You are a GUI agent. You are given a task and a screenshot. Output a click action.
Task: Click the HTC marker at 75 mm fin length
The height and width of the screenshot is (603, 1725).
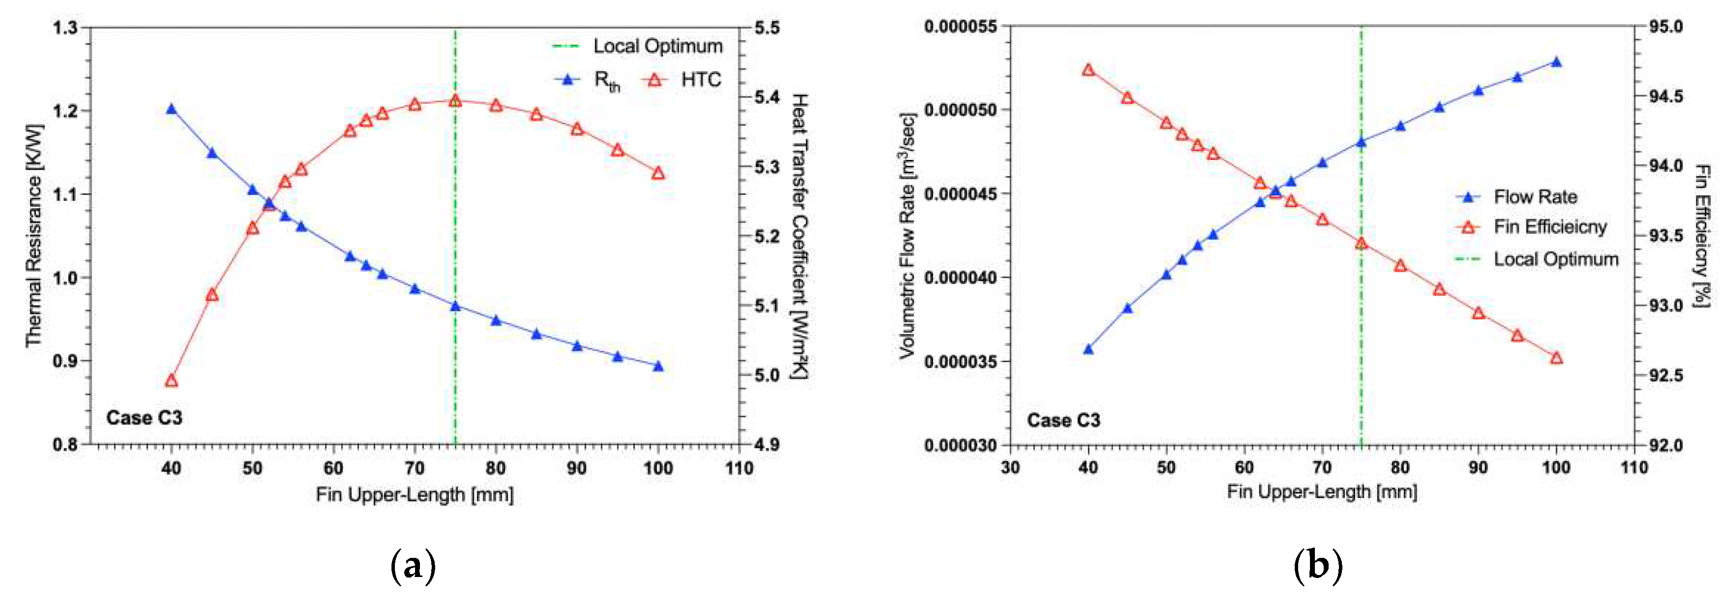(x=455, y=101)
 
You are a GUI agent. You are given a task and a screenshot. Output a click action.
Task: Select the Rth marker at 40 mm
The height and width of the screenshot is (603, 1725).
(x=171, y=109)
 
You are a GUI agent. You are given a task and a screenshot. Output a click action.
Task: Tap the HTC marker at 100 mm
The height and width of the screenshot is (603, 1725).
(x=658, y=173)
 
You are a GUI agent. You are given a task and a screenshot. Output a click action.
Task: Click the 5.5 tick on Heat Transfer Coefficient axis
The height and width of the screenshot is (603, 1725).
(x=767, y=28)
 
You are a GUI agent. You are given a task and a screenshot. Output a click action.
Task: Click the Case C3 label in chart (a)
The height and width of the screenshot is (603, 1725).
(x=144, y=418)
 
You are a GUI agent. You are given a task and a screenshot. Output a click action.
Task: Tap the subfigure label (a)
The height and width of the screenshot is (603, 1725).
(x=413, y=566)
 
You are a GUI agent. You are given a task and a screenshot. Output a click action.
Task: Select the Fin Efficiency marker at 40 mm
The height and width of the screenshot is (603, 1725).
(x=1088, y=70)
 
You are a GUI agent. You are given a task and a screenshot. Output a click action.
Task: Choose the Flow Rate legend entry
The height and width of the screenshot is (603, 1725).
(x=1517, y=197)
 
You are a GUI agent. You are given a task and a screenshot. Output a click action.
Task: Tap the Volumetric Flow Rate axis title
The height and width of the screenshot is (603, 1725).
(x=907, y=236)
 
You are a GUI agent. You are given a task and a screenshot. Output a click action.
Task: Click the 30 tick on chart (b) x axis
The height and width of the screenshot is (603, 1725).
(x=1010, y=467)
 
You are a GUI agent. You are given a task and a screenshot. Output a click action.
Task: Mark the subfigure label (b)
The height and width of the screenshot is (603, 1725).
(x=1318, y=566)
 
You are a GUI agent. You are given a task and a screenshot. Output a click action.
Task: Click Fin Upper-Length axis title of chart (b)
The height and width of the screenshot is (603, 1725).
(x=1321, y=492)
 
